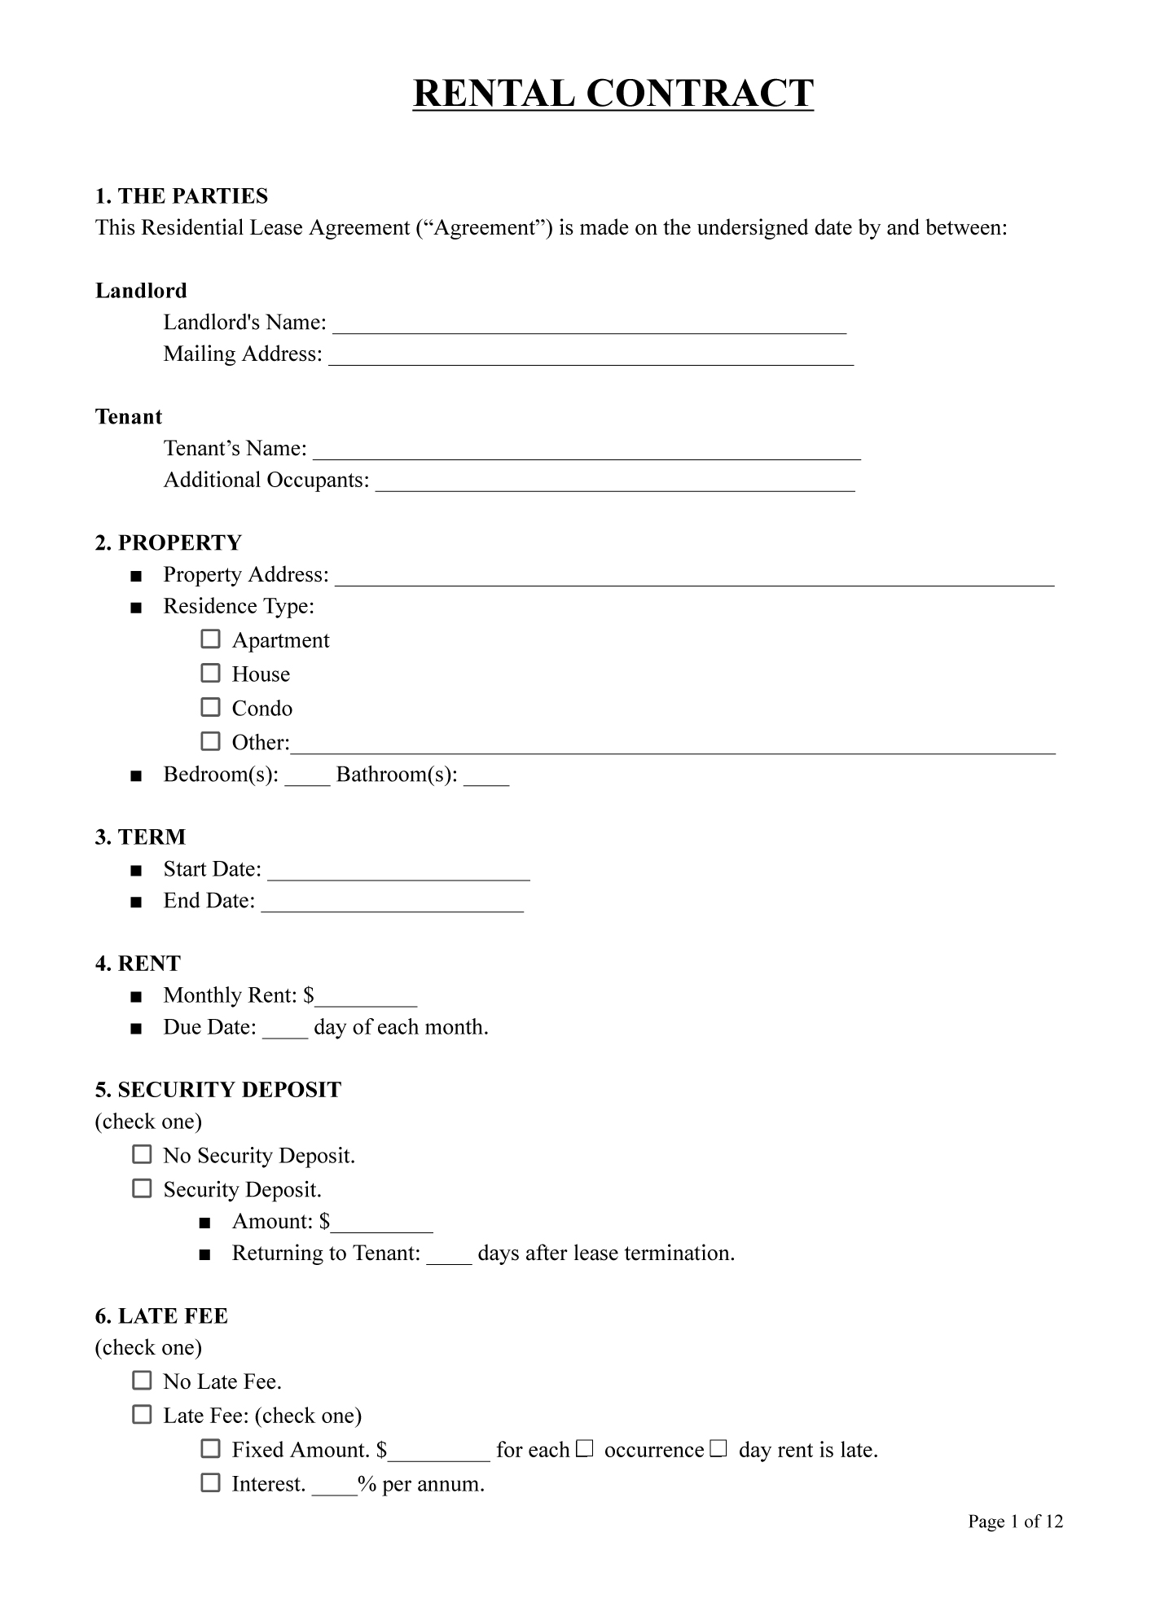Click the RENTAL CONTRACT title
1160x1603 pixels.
pyautogui.click(x=613, y=93)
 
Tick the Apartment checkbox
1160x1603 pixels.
pyautogui.click(x=210, y=639)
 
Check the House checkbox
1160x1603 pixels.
pyautogui.click(x=210, y=674)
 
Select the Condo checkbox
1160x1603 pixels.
pyautogui.click(x=210, y=707)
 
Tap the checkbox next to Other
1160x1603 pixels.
pyautogui.click(x=210, y=741)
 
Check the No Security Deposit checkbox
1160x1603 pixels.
pyautogui.click(x=142, y=1155)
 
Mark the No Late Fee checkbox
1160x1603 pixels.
pyautogui.click(x=142, y=1381)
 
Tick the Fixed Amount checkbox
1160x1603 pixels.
pyautogui.click(x=210, y=1449)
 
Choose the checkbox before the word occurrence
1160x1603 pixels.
pyautogui.click(x=585, y=1449)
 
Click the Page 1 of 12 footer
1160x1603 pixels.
pyautogui.click(x=1015, y=1522)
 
